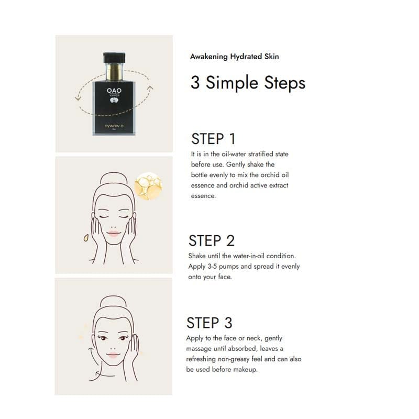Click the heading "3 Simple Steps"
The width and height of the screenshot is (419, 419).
click(248, 83)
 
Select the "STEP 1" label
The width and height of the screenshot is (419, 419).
click(213, 139)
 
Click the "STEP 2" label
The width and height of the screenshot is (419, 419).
click(211, 240)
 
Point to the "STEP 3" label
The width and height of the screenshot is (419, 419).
click(210, 322)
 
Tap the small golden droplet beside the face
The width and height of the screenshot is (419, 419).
click(86, 238)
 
